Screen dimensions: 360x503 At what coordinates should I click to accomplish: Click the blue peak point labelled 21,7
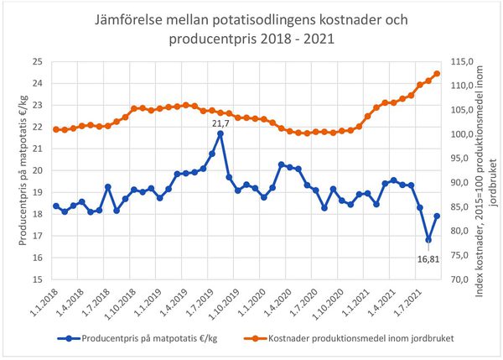(x=220, y=133)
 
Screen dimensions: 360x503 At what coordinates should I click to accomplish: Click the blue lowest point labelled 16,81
(x=428, y=240)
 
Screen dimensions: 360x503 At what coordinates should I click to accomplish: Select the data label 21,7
(x=220, y=122)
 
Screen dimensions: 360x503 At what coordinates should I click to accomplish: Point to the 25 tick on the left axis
(x=37, y=61)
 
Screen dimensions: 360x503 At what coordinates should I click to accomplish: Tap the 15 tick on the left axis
(x=37, y=279)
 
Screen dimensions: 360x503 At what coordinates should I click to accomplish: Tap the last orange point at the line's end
(x=437, y=74)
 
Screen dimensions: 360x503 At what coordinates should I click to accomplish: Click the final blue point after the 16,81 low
(x=437, y=216)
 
